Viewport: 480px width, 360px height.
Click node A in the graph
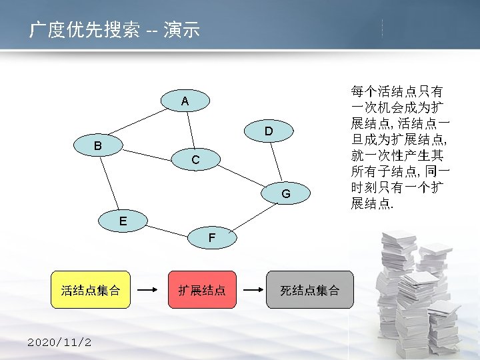(185, 101)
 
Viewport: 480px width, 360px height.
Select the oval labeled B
(98, 145)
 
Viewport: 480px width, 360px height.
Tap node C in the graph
(195, 160)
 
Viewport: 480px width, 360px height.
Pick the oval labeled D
(267, 131)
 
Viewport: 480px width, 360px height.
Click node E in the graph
(123, 219)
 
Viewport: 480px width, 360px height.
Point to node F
(211, 237)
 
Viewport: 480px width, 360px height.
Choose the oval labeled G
(285, 193)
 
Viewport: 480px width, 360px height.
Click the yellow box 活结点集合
(91, 290)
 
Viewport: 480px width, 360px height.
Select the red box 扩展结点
(201, 290)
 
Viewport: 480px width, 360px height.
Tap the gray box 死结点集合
(309, 290)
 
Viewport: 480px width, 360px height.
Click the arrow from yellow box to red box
(149, 290)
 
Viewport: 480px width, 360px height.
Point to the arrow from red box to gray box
(251, 290)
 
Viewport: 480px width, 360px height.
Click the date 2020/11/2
(59, 343)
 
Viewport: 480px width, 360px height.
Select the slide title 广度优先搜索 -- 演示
(114, 30)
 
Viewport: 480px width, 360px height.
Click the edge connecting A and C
(189, 131)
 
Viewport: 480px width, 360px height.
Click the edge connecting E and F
(165, 228)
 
